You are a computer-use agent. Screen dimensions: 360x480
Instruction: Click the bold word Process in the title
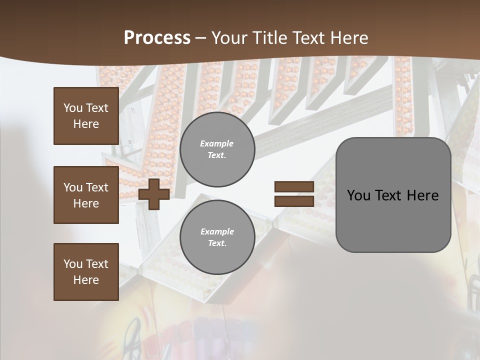(x=157, y=38)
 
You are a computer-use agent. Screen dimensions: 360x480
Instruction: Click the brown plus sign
(x=153, y=194)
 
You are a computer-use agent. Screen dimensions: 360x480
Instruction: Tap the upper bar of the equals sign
(x=294, y=186)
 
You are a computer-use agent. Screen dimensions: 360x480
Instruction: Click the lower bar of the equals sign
(x=294, y=201)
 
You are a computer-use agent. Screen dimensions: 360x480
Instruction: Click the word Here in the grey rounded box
(x=422, y=195)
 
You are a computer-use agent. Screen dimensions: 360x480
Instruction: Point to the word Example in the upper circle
(x=217, y=143)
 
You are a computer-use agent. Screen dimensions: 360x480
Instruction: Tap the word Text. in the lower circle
(x=217, y=243)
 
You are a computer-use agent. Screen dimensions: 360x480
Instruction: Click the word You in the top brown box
(x=73, y=108)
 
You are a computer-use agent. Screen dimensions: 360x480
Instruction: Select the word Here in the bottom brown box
(x=86, y=280)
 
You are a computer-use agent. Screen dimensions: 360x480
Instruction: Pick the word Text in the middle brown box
(x=97, y=187)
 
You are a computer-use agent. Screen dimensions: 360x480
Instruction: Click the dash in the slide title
(x=201, y=38)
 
